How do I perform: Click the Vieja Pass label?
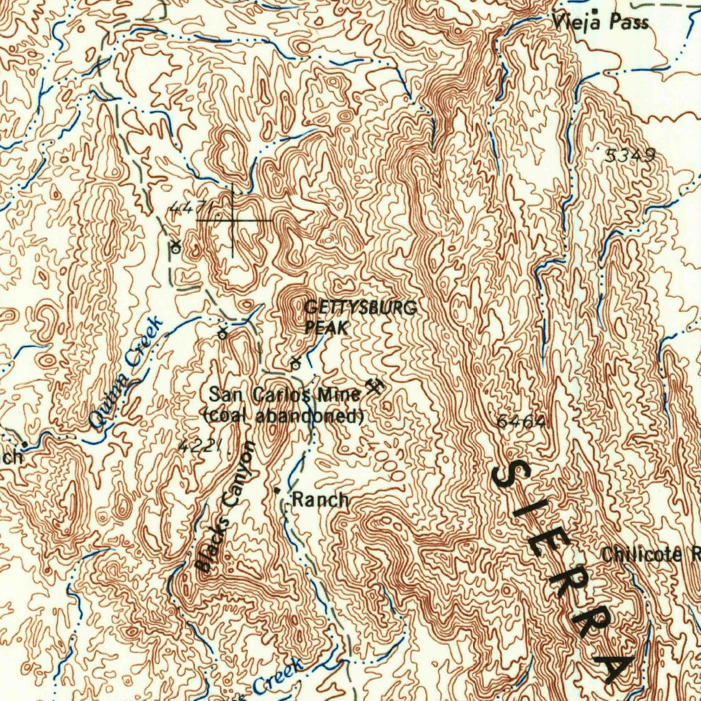pos(600,23)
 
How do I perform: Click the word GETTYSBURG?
pos(360,308)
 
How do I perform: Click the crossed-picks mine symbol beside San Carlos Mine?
pos(374,387)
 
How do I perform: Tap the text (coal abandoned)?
pos(283,415)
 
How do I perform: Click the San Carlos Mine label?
pos(284,395)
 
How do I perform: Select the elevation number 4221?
pos(199,446)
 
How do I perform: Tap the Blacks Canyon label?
pos(225,507)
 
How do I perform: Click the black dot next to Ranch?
pos(277,491)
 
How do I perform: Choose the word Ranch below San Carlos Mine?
pos(320,500)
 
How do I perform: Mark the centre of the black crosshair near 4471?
pos(232,220)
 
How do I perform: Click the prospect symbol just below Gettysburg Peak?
pos(296,362)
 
